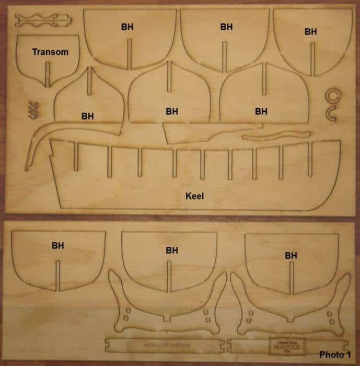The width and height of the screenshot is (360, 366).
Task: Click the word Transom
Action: click(x=50, y=52)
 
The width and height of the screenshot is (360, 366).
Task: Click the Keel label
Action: click(x=194, y=197)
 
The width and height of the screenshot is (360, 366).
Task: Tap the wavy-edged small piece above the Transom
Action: click(x=42, y=20)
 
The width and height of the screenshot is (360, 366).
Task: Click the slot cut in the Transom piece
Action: click(x=48, y=74)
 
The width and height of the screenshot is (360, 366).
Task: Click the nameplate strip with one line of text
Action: click(x=165, y=345)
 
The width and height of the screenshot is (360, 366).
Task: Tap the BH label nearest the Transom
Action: click(x=127, y=26)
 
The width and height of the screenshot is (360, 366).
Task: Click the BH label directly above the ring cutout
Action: click(x=311, y=32)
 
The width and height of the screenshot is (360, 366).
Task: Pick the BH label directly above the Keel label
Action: click(x=172, y=111)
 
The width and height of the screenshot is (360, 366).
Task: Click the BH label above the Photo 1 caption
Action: click(x=291, y=256)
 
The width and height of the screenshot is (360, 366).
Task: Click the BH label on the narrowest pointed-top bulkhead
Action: click(x=88, y=116)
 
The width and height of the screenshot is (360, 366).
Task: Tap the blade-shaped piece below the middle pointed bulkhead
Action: click(x=188, y=133)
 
